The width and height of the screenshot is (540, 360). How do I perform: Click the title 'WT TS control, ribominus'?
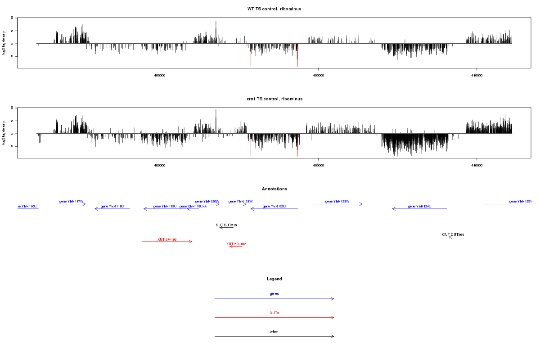coord(274,9)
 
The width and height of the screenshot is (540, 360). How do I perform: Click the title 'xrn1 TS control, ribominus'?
coord(274,99)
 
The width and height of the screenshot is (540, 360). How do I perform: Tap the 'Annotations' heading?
coord(274,189)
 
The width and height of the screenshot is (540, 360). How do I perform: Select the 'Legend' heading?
coord(274,279)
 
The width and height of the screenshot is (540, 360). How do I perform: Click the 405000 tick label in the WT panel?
coord(318,75)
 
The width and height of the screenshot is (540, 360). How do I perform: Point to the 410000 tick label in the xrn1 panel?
coord(477,165)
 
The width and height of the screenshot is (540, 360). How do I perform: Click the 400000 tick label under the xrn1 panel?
coord(159,165)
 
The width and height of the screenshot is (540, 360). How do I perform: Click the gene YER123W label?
coord(337,201)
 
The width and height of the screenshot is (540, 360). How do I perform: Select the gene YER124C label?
coord(419,206)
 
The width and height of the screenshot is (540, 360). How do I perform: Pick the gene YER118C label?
coord(112,206)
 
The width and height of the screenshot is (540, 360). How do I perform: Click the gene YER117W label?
coord(72,201)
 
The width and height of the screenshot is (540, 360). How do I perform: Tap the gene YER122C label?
coord(274,206)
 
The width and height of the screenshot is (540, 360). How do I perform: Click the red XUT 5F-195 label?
coord(167,239)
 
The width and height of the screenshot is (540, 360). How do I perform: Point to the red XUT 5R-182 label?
coord(236,244)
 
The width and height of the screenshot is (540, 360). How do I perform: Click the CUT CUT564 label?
coord(453,234)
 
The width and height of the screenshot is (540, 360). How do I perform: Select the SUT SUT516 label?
coord(226,225)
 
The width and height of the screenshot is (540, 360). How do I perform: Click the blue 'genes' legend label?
coord(274,294)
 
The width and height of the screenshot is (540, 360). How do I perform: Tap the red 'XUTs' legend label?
coord(274,313)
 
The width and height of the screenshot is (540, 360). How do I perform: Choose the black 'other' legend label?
coord(274,332)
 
